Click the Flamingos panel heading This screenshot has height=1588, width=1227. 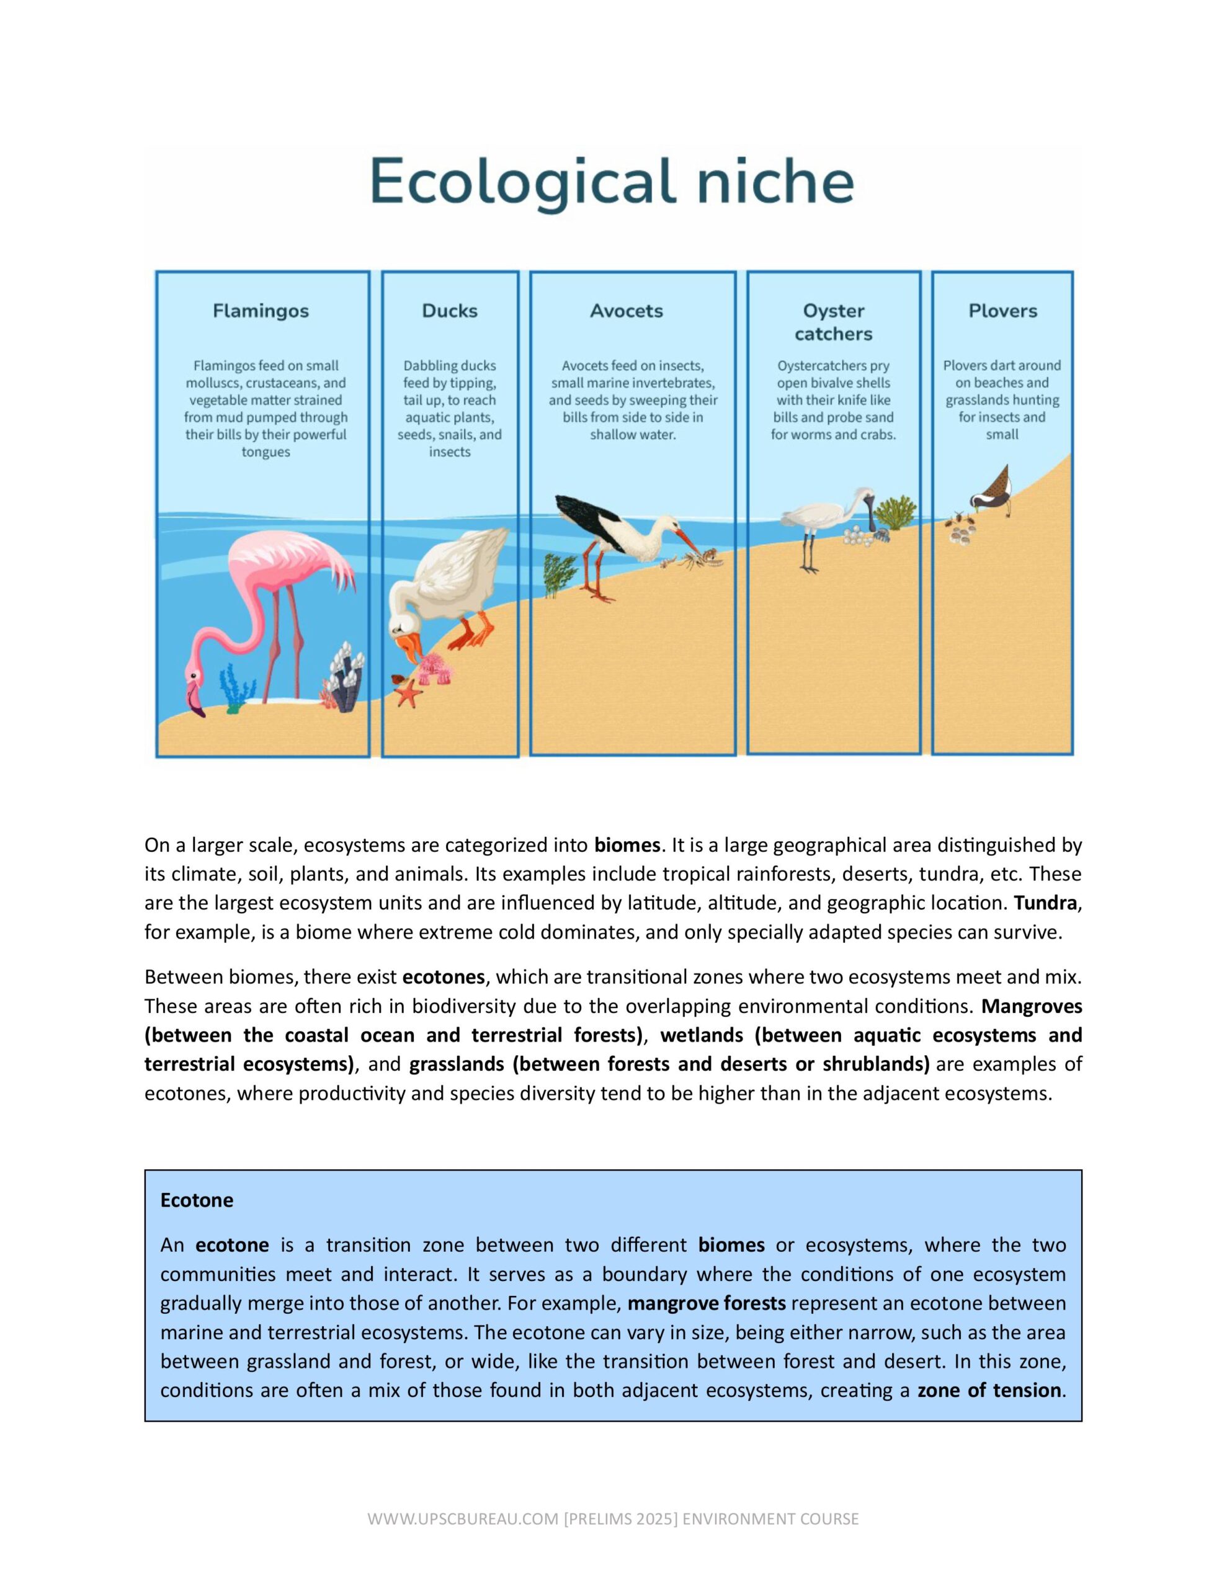pos(261,311)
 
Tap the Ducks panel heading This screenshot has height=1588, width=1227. pos(450,311)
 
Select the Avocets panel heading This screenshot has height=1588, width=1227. pos(627,311)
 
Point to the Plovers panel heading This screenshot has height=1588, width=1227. pos(1002,311)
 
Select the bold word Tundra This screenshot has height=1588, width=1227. pos(1046,903)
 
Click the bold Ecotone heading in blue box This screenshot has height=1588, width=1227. pos(197,1200)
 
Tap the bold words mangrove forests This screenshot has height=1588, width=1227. pos(706,1303)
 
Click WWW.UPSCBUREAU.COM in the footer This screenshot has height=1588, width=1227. pos(463,1519)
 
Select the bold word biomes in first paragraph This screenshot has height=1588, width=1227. pos(627,845)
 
